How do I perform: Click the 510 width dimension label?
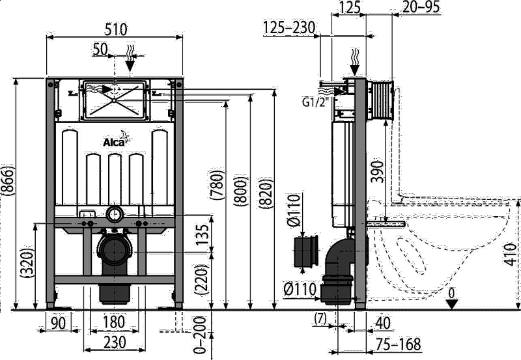pos(116,29)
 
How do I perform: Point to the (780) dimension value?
pos(217,186)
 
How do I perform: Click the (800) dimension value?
pos(240,191)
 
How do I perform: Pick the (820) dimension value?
pos(266,193)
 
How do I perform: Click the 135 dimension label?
pos(203,235)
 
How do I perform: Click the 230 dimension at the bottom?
pos(115,342)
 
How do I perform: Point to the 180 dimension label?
pos(114,322)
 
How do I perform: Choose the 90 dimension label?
pos(59,323)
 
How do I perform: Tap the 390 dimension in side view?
pos(377,171)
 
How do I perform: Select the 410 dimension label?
pos(511,254)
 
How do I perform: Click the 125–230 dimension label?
pos(289,27)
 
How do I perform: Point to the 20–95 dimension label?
pos(421,7)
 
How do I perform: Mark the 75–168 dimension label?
pos(399,344)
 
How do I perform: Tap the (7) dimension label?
pos(320,318)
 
